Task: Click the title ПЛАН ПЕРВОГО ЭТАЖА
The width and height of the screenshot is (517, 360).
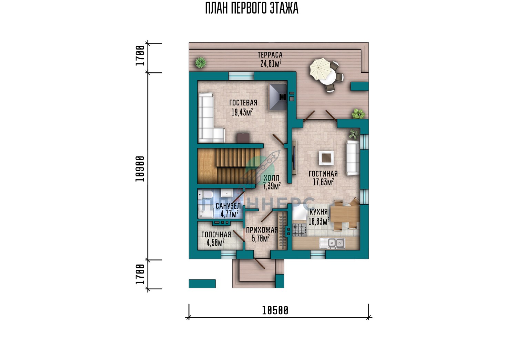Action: point(252,9)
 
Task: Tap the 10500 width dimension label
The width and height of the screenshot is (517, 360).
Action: point(275,311)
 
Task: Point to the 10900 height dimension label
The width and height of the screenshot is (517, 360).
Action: point(140,169)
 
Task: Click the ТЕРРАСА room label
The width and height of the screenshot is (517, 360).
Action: point(270,55)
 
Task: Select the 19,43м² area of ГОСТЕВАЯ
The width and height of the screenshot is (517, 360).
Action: point(242,112)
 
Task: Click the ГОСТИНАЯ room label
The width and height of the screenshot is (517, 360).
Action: point(323,174)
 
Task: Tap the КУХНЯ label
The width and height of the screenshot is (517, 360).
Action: point(318,212)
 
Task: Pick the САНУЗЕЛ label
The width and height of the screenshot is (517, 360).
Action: point(228,206)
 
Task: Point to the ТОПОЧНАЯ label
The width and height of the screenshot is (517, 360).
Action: point(216,235)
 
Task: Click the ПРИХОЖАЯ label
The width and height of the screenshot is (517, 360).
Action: point(262,230)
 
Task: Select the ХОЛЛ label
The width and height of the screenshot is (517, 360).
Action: point(272,178)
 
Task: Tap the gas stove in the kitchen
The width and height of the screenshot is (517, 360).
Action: point(299,230)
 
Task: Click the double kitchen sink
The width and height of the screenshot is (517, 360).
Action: point(332,243)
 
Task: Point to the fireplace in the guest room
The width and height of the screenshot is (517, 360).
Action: point(278,97)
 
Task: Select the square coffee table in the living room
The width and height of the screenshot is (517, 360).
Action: point(326,158)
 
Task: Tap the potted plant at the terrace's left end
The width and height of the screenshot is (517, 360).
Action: point(200,62)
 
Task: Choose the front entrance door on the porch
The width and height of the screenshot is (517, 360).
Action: point(259,263)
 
